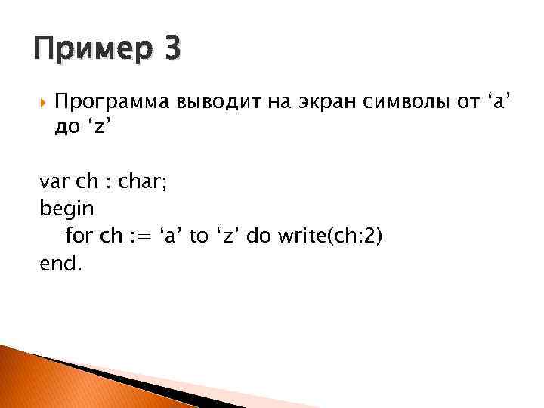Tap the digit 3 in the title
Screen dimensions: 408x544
click(x=172, y=51)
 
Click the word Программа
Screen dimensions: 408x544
click(x=113, y=102)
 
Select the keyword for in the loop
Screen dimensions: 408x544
click(x=79, y=236)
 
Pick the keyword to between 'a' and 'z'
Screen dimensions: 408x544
click(x=198, y=236)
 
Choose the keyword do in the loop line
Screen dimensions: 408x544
click(x=259, y=236)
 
